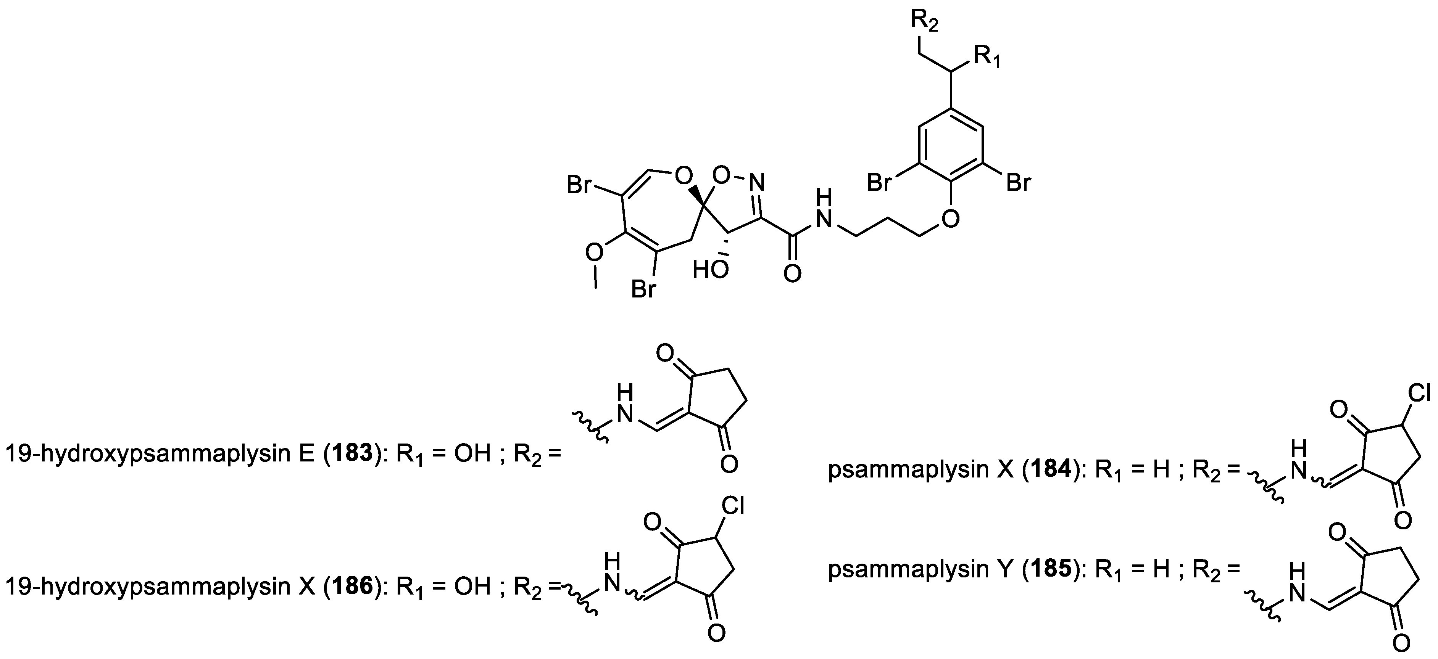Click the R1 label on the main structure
tap(987, 58)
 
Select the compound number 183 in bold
tap(357, 454)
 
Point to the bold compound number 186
tap(357, 586)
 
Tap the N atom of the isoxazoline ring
tap(756, 182)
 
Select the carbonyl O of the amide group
tap(792, 273)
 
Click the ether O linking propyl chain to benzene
tap(949, 219)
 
